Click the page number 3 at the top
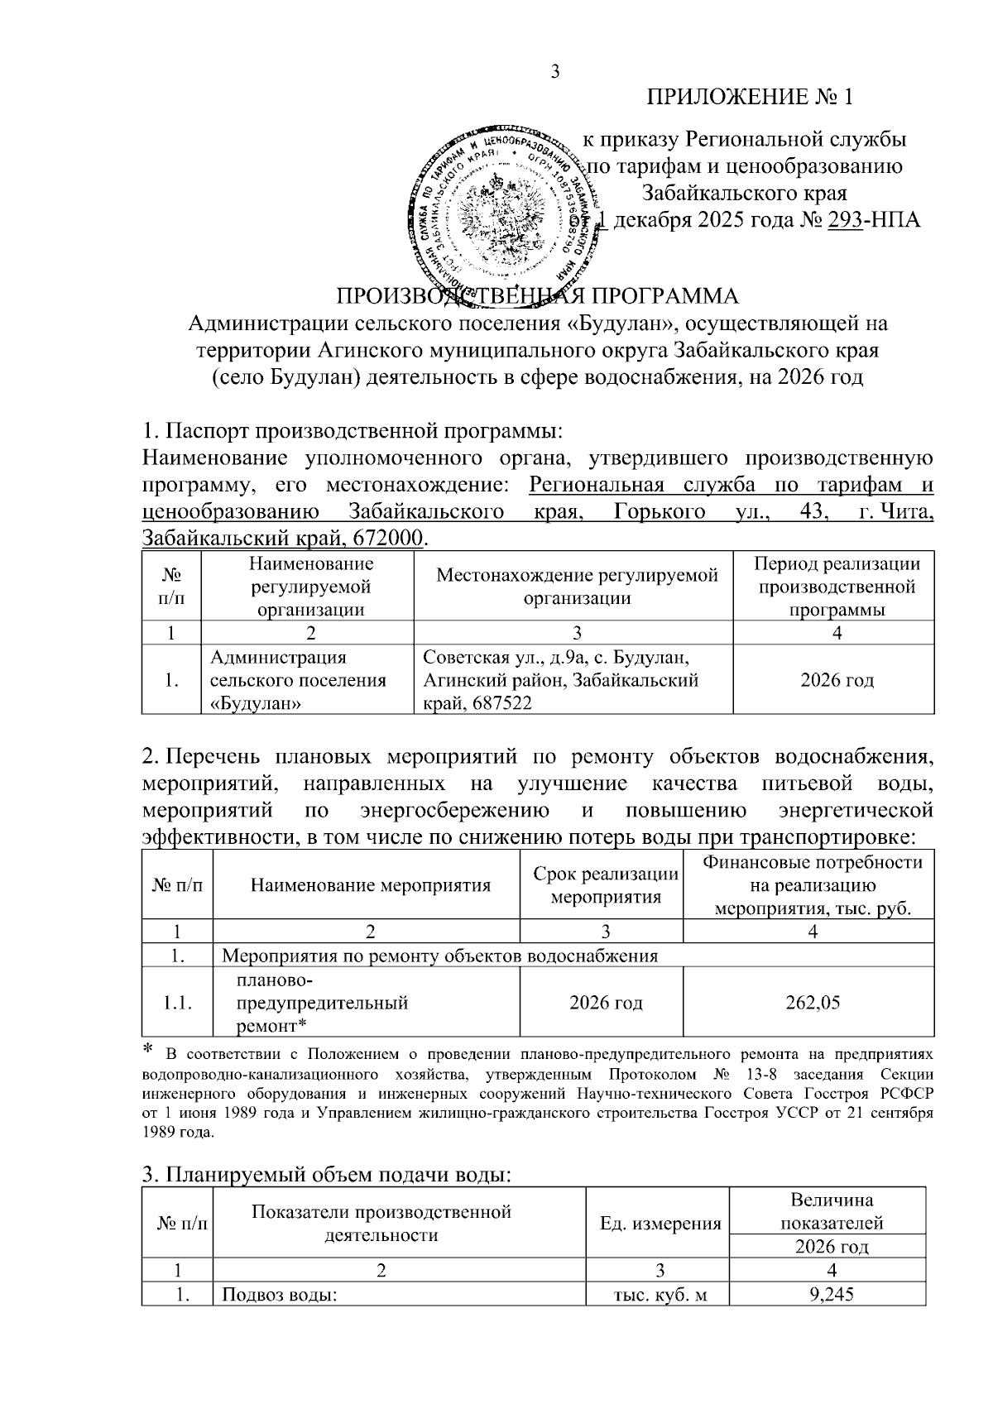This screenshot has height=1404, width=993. tap(555, 72)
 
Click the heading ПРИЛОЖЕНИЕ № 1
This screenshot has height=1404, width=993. tap(749, 98)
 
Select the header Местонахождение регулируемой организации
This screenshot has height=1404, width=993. tap(577, 587)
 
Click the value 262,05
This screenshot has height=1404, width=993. tap(813, 1003)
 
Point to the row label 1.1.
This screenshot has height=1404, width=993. tap(177, 1003)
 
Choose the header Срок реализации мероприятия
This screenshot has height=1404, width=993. tap(606, 886)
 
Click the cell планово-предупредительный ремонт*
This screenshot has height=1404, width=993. tap(323, 1003)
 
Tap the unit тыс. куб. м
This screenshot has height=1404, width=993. tap(658, 1295)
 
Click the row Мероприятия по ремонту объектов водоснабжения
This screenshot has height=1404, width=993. tap(441, 956)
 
